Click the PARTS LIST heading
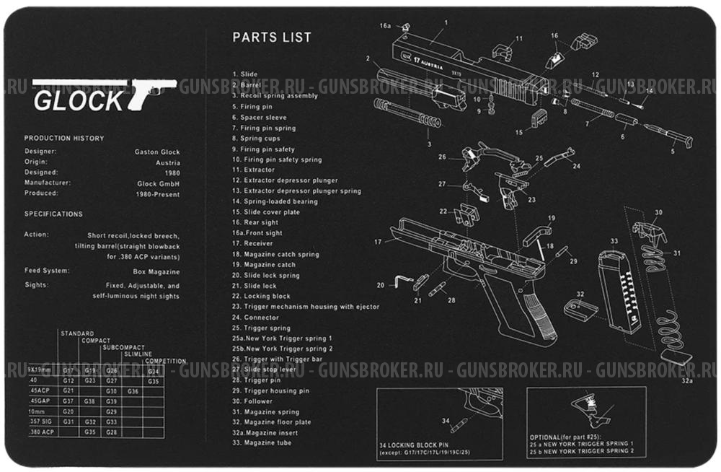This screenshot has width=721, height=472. [272, 38]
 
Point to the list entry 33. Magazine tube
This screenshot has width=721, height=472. [262, 442]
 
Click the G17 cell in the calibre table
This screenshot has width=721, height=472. [68, 370]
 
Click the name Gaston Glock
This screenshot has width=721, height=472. [157, 152]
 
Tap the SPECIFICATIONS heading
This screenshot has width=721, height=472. [53, 214]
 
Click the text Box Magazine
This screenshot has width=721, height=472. [156, 271]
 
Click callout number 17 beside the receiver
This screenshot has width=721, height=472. [377, 242]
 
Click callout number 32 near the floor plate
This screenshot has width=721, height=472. [579, 294]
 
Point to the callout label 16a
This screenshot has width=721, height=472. [385, 26]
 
